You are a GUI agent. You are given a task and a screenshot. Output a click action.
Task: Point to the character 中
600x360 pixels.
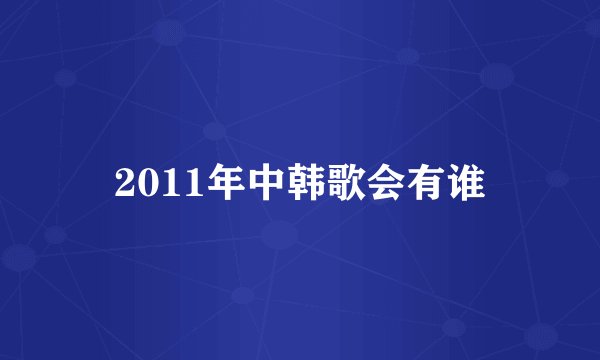[245, 183]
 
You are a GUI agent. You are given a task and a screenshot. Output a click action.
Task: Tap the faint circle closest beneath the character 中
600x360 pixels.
[279, 236]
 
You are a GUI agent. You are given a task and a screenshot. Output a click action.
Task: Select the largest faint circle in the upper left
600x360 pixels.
[169, 32]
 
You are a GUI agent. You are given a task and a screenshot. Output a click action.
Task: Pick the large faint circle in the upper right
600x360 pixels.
[497, 76]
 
